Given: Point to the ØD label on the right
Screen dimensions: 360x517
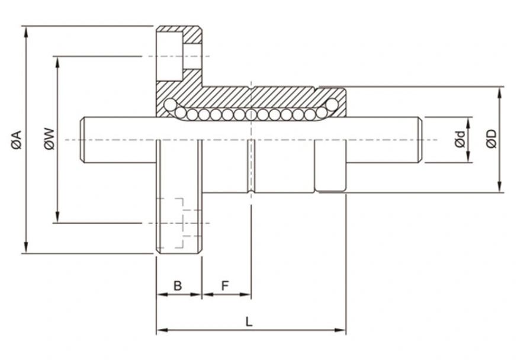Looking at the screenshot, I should [491, 140].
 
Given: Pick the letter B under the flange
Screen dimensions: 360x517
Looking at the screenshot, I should [178, 286].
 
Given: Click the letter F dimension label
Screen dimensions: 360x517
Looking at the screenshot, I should [225, 286].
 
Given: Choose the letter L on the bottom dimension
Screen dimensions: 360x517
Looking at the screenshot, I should [249, 322].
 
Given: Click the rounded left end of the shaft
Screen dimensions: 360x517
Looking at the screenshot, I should [84, 140].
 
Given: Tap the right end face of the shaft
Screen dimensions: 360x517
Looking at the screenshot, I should [420, 140].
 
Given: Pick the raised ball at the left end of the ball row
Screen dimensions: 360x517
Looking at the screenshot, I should [170, 105].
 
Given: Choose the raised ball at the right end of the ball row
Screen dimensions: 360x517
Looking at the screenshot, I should [332, 105].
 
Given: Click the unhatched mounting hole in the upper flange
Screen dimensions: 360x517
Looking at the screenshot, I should [169, 56].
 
